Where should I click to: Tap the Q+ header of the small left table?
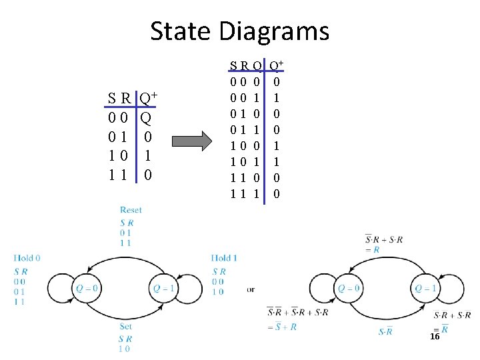[147, 100]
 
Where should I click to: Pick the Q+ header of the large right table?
[276, 66]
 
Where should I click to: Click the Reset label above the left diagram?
[131, 211]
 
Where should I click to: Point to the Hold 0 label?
[27, 258]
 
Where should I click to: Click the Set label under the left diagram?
[126, 327]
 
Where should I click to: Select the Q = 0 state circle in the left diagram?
[86, 289]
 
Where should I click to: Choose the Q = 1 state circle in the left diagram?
[163, 289]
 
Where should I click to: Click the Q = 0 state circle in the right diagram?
[349, 289]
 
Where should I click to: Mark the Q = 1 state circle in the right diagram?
[425, 289]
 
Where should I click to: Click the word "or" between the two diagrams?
[251, 289]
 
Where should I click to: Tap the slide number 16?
[435, 337]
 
